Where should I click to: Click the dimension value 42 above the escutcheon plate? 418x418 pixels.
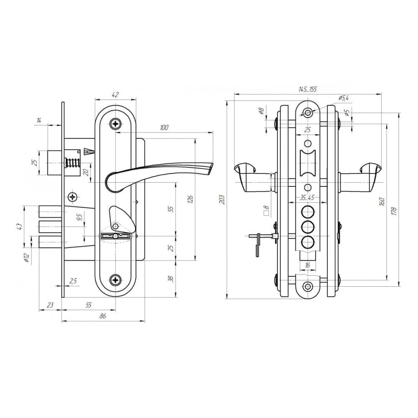115,94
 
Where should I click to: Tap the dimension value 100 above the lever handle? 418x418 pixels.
164,127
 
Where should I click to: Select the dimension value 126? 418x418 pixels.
190,199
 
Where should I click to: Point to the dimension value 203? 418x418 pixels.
222,200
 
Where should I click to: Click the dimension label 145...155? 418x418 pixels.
308,89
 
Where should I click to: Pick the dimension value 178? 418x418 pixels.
394,211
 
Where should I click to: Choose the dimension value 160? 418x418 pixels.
382,201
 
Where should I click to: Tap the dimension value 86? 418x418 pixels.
103,316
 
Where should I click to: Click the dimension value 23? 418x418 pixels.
50,305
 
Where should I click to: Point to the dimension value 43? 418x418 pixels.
19,227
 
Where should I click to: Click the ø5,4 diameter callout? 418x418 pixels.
344,98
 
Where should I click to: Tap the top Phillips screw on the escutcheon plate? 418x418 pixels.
115,124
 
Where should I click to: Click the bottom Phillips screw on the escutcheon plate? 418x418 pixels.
115,280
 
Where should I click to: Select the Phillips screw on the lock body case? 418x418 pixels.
73,197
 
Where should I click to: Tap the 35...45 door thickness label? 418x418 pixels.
307,198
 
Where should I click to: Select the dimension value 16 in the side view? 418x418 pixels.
307,265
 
